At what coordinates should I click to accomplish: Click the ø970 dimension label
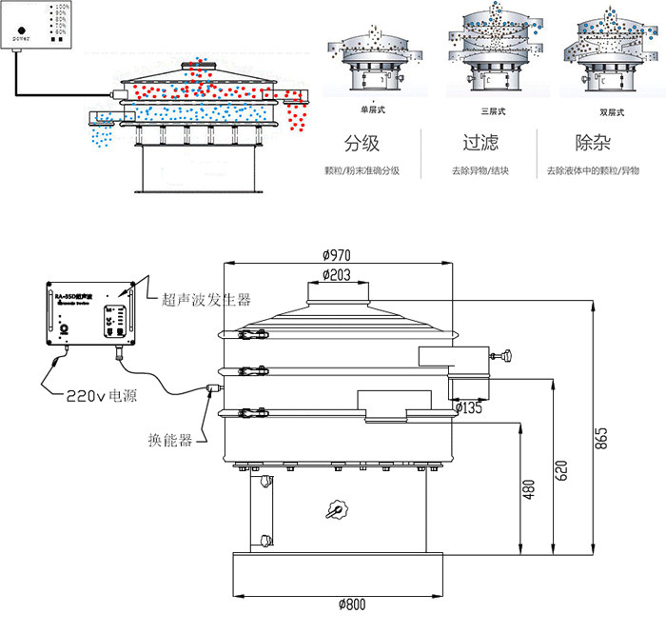pos(338,254)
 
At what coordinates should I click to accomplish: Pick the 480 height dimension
pos(528,488)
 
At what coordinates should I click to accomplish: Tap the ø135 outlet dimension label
pos(470,407)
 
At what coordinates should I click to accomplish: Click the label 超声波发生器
pos(206,299)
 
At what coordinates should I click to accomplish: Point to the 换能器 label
pos(170,440)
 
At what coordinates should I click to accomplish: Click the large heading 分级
pos(362,144)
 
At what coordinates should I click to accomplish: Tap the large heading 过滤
pos(480,144)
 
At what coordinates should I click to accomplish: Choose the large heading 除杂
pos(594,144)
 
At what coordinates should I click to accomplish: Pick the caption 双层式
pos(598,111)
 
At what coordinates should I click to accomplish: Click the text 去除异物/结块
pos(480,172)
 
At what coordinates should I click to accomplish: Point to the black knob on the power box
pos(21,30)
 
